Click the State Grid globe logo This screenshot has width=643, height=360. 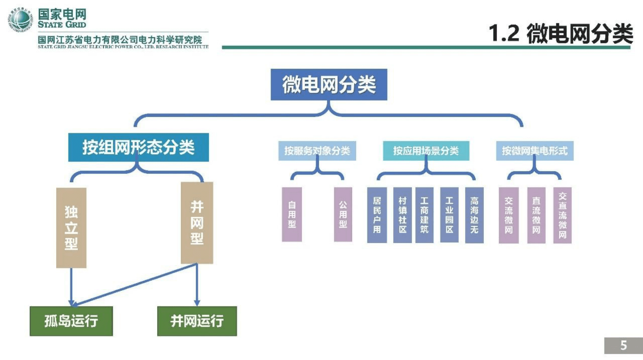click(19, 19)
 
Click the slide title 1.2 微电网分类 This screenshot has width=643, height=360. click(560, 34)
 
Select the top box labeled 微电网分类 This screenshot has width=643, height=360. click(329, 85)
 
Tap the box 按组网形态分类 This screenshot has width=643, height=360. click(138, 147)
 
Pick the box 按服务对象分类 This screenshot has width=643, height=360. click(317, 151)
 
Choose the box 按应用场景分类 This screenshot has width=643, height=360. click(426, 151)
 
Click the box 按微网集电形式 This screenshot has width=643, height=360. click(534, 151)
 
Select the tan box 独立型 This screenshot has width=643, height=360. click(71, 228)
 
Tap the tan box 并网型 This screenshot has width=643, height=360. click(197, 223)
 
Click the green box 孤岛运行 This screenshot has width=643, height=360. click(71, 321)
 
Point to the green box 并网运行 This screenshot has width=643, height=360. click(197, 321)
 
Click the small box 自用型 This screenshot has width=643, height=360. click(292, 215)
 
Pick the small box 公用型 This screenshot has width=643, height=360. click(343, 215)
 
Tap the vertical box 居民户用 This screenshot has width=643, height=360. click(377, 215)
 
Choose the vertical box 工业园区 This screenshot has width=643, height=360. click(449, 215)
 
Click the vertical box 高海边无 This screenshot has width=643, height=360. click(474, 215)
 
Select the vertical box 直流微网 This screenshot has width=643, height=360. click(536, 215)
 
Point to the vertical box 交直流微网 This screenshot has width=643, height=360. click(562, 215)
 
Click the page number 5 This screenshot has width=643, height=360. click(623, 345)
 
